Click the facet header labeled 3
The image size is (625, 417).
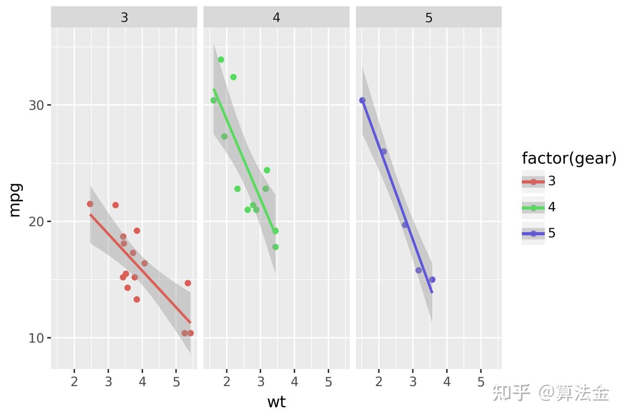click(124, 18)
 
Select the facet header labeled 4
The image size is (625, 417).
click(276, 18)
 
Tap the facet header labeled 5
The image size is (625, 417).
click(429, 18)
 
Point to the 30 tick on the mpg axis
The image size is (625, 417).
click(36, 105)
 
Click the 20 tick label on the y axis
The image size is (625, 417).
click(36, 221)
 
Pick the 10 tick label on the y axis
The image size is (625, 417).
click(36, 338)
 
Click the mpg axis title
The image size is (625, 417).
click(15, 199)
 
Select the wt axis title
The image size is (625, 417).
click(276, 402)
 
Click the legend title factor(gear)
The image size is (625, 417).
click(569, 158)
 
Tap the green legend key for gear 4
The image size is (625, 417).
click(533, 208)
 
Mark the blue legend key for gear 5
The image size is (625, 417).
click(533, 234)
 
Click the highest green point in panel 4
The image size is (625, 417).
click(221, 60)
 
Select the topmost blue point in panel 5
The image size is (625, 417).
click(362, 100)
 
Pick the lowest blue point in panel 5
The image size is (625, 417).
click(432, 280)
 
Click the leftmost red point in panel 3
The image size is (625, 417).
click(90, 204)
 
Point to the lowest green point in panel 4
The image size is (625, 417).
click(275, 247)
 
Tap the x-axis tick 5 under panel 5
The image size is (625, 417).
click(481, 382)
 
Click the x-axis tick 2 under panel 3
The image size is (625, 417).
click(74, 382)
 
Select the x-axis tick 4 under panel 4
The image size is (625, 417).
click(294, 382)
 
